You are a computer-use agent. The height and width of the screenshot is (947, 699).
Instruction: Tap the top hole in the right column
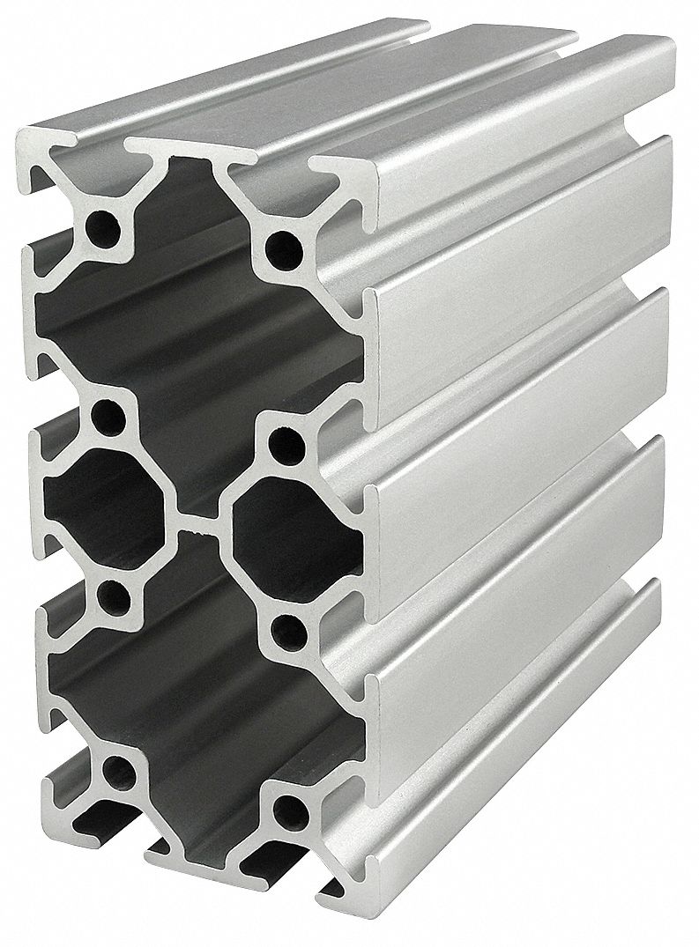(283, 241)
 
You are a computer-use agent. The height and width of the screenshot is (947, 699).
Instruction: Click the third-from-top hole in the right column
(284, 627)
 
